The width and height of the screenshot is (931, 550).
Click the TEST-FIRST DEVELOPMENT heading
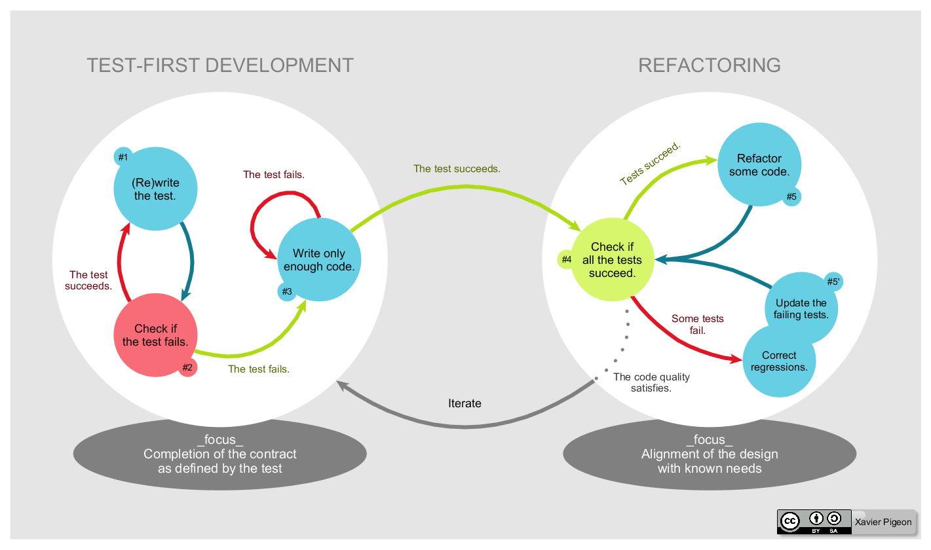point(220,65)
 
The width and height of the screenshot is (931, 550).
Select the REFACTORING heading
point(710,65)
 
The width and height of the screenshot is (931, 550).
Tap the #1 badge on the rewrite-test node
point(123,157)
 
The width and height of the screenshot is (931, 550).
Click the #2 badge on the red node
point(188,367)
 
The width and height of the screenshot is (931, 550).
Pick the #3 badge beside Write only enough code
point(287,291)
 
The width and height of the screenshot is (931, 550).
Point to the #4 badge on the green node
point(567,259)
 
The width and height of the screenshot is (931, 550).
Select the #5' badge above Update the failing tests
point(833,282)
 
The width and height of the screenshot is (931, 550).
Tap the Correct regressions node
point(779,361)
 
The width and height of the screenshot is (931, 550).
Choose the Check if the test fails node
point(155,335)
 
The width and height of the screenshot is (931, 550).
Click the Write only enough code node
point(319,260)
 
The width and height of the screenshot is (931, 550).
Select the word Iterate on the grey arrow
point(465,403)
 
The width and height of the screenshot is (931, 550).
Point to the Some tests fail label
point(697,325)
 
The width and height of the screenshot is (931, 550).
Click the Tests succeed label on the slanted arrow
point(651,163)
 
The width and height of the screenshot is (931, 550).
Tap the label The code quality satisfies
point(651,382)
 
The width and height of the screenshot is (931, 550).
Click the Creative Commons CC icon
point(790,521)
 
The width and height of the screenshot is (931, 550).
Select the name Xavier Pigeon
point(883,522)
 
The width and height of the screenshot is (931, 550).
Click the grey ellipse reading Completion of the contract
point(219,454)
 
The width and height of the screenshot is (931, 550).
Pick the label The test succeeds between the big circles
point(457,169)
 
